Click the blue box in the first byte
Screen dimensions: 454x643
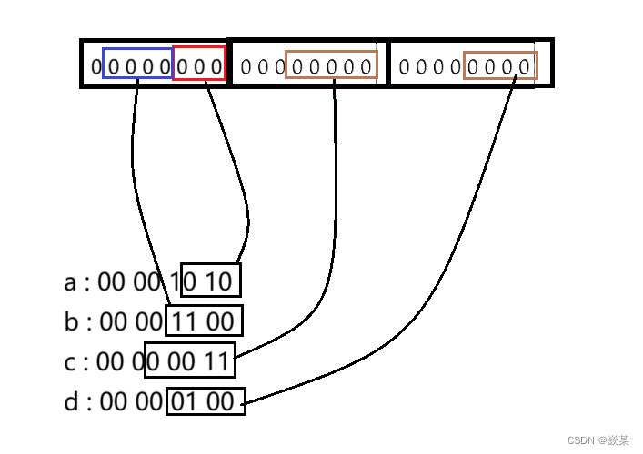[x=137, y=64]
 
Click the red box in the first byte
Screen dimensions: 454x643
[x=199, y=64]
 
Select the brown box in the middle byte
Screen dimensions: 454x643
[x=331, y=64]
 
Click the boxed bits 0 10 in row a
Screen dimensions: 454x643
[x=210, y=281]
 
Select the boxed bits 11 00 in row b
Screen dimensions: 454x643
[x=204, y=321]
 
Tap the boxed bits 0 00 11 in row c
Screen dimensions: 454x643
[x=190, y=361]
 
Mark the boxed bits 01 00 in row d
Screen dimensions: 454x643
[x=206, y=400]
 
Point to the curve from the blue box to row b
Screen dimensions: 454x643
[x=136, y=182]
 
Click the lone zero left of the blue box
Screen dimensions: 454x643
[x=95, y=66]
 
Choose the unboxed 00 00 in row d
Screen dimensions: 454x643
[x=130, y=401]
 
